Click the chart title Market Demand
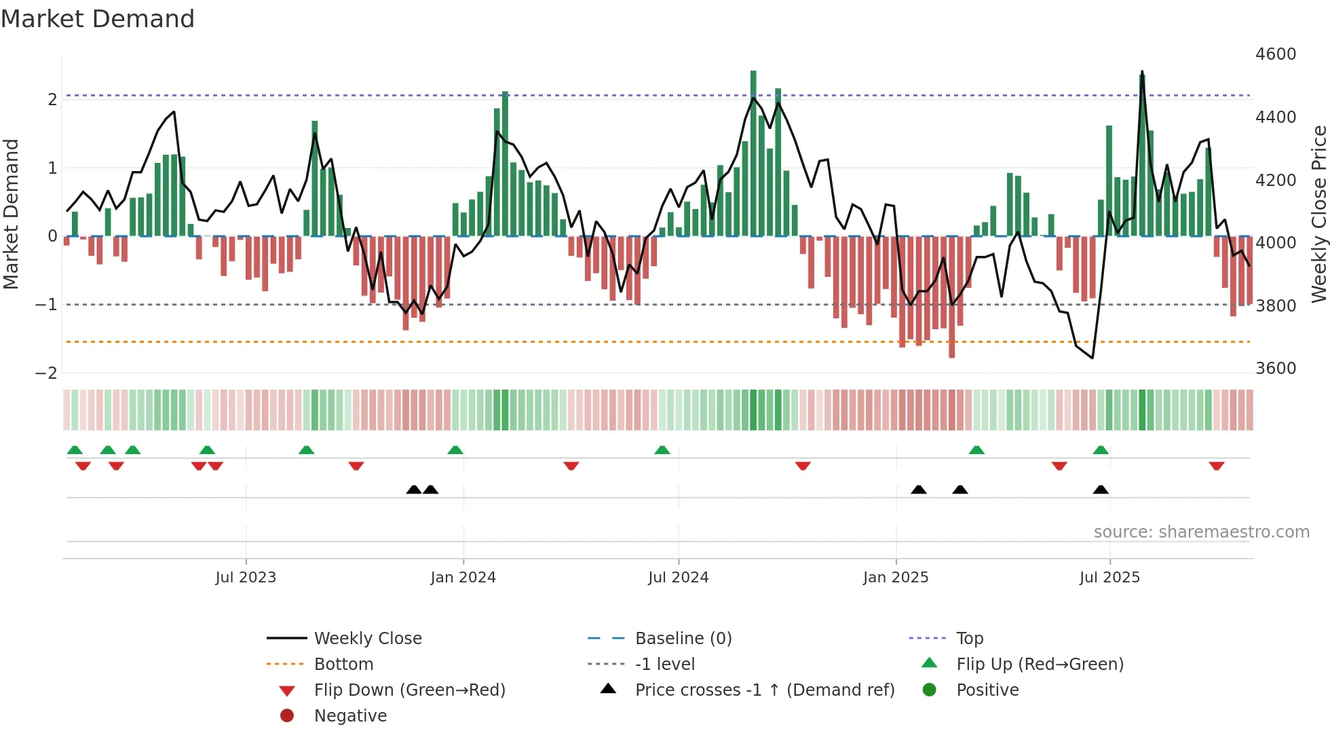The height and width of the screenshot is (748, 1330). click(x=98, y=19)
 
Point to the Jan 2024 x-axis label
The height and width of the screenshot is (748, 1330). click(x=463, y=578)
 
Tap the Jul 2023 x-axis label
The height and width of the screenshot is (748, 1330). click(x=246, y=578)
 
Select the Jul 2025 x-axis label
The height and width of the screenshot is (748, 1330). click(x=1109, y=578)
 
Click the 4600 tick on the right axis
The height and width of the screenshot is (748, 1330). click(x=1275, y=54)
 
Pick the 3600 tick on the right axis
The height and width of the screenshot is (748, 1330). click(x=1275, y=369)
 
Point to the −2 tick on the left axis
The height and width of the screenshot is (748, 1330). click(x=47, y=373)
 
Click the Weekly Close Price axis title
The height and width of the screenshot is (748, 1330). click(x=1318, y=214)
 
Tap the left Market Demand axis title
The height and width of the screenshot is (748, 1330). click(x=11, y=214)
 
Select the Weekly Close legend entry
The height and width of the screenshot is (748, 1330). click(x=367, y=639)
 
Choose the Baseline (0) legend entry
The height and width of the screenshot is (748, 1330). click(x=683, y=639)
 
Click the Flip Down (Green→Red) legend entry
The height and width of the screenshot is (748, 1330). click(x=409, y=690)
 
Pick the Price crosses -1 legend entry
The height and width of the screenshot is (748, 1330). click(x=764, y=690)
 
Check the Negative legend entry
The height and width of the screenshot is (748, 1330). click(x=350, y=716)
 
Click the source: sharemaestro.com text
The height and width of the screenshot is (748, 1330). click(x=1201, y=532)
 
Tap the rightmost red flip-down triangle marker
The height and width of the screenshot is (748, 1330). click(x=1216, y=466)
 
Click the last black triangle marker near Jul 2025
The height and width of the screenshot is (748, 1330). click(x=1101, y=489)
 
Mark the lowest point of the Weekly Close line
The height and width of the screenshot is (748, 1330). click(x=1092, y=358)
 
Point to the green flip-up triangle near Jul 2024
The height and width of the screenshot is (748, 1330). click(x=662, y=450)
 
